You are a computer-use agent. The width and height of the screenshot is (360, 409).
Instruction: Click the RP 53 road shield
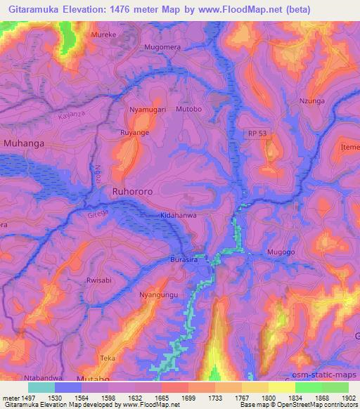[x=259, y=133]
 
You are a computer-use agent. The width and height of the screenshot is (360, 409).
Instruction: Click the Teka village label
[x=108, y=358]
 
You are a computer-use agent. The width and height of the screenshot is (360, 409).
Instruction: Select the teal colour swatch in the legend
[x=41, y=387]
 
